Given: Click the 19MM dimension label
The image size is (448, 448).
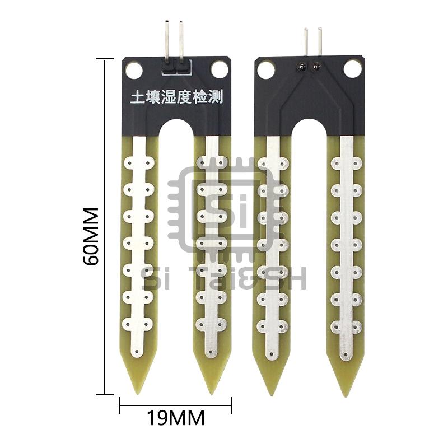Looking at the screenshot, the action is (175, 417).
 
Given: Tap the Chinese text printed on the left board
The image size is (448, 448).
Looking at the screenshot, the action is (176, 97).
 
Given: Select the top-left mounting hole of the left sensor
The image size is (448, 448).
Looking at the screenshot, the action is (134, 70).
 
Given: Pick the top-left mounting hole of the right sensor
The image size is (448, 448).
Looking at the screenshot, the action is (266, 69).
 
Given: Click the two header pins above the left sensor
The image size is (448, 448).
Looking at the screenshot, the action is (174, 39).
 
